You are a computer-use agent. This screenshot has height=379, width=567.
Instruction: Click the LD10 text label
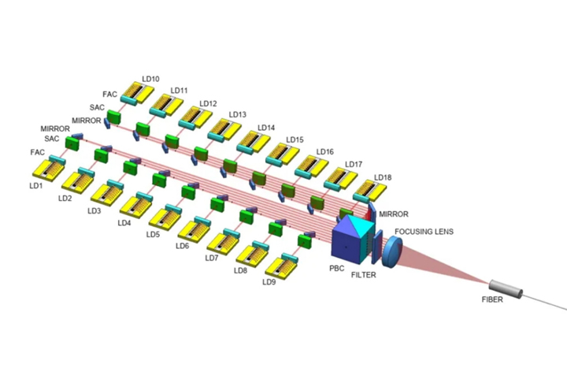coord(151,79)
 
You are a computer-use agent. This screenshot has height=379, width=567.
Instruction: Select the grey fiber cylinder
coord(506,289)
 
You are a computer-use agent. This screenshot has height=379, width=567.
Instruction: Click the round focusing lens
coord(394,248)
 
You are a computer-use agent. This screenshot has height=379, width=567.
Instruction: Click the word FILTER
coord(364,276)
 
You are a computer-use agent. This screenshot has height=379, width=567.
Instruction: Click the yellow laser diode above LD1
coord(49,169)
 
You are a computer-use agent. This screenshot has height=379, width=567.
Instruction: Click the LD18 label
coord(383,177)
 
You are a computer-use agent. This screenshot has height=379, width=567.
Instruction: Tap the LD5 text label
coord(153,235)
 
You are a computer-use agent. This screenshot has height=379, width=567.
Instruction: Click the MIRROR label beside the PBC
coord(394,214)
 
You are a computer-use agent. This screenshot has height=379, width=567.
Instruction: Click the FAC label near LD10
coord(109,94)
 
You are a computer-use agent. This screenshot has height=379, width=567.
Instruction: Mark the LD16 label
coord(324,152)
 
